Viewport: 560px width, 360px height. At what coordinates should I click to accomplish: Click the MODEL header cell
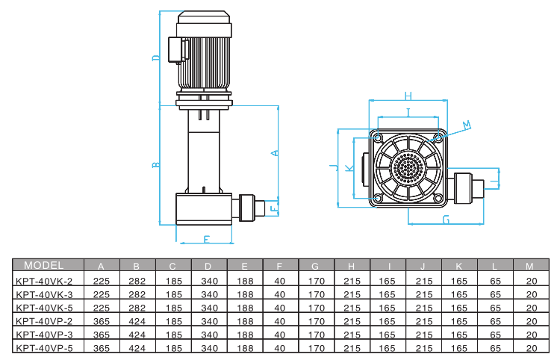tap(45, 266)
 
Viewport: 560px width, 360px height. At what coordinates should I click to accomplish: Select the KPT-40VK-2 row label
tap(44, 282)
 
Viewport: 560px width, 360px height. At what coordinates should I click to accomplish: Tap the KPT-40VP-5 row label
tap(44, 348)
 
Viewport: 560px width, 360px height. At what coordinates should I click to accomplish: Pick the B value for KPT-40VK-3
tap(136, 294)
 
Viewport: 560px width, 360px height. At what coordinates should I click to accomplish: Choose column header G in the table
tap(315, 266)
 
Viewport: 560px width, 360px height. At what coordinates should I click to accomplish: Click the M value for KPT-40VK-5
tap(531, 308)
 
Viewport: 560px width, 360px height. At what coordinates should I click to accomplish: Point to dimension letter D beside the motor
tap(155, 58)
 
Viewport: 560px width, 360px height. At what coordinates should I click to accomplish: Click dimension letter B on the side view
tap(155, 165)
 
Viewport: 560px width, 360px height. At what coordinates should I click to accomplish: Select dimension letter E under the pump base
tap(206, 240)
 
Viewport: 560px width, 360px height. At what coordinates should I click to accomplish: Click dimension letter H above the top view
tap(408, 96)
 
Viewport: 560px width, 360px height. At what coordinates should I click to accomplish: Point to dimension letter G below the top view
tap(446, 220)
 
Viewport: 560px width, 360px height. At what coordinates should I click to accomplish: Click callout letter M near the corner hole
tap(467, 125)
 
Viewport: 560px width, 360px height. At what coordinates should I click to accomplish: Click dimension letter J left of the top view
tap(332, 166)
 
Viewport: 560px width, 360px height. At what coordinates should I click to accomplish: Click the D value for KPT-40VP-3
tap(208, 335)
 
